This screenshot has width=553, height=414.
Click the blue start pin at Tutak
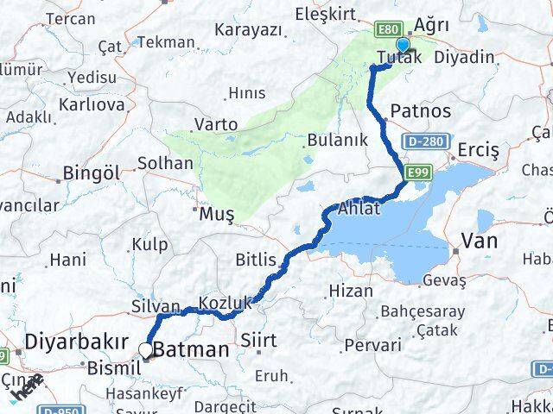tap(403, 46)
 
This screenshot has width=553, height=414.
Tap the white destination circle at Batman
tap(146, 349)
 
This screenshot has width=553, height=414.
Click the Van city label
tap(480, 241)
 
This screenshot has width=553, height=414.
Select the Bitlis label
tap(256, 259)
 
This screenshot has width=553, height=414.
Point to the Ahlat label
tap(359, 210)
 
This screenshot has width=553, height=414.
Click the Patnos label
tap(420, 110)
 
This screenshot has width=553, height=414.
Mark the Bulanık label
tap(338, 140)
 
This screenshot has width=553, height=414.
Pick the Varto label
tap(215, 124)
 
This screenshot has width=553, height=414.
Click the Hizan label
tap(352, 291)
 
